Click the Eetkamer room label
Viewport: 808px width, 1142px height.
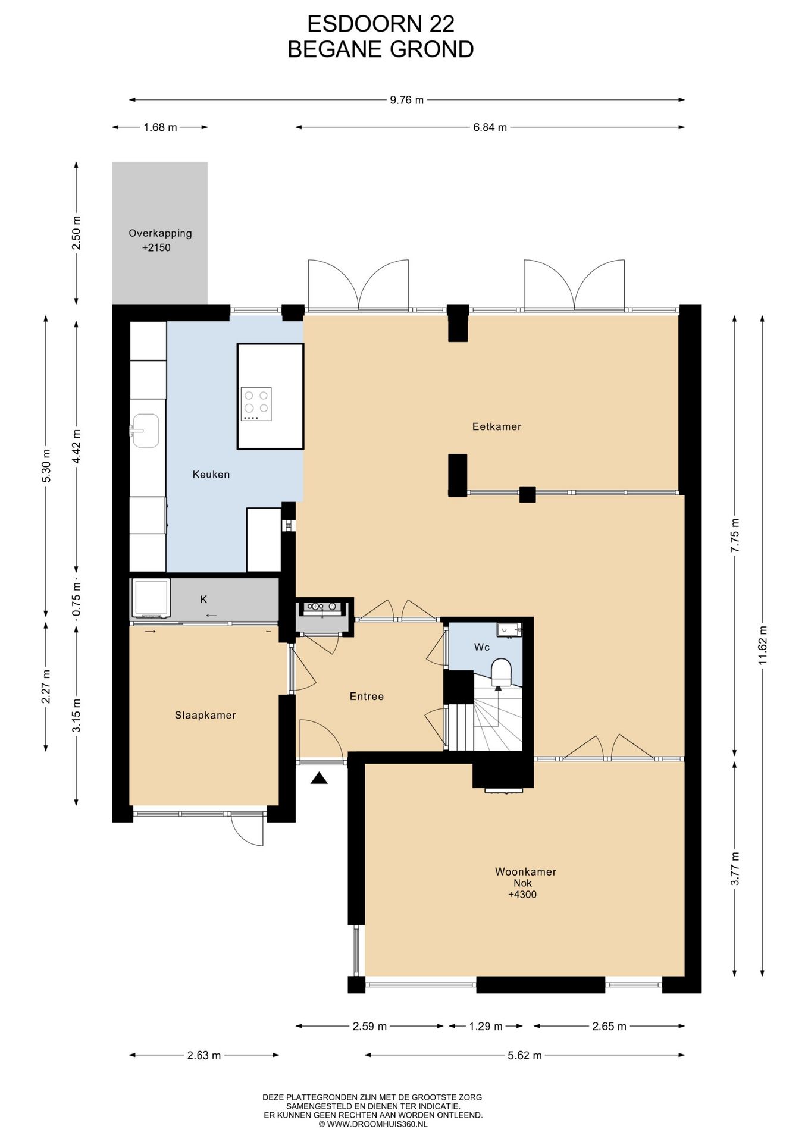(496, 426)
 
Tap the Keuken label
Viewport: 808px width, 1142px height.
(211, 475)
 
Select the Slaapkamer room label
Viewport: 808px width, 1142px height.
(205, 716)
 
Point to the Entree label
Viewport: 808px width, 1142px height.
(367, 697)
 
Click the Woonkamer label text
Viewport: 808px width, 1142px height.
(525, 872)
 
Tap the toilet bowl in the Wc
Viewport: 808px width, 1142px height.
(501, 670)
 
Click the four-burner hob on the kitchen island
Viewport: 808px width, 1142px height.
(256, 404)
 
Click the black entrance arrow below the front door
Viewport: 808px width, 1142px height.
(319, 778)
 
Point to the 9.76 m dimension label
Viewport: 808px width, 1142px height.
(407, 100)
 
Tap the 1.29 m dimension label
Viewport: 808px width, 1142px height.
(486, 1026)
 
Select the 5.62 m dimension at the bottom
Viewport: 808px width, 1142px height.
(525, 1055)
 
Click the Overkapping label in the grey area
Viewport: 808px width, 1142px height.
(160, 234)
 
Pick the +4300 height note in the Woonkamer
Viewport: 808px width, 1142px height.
(522, 894)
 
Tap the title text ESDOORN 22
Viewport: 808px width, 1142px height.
(381, 24)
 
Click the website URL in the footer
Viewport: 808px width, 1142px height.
(373, 1124)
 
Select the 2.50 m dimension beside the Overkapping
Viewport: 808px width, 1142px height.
(76, 233)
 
